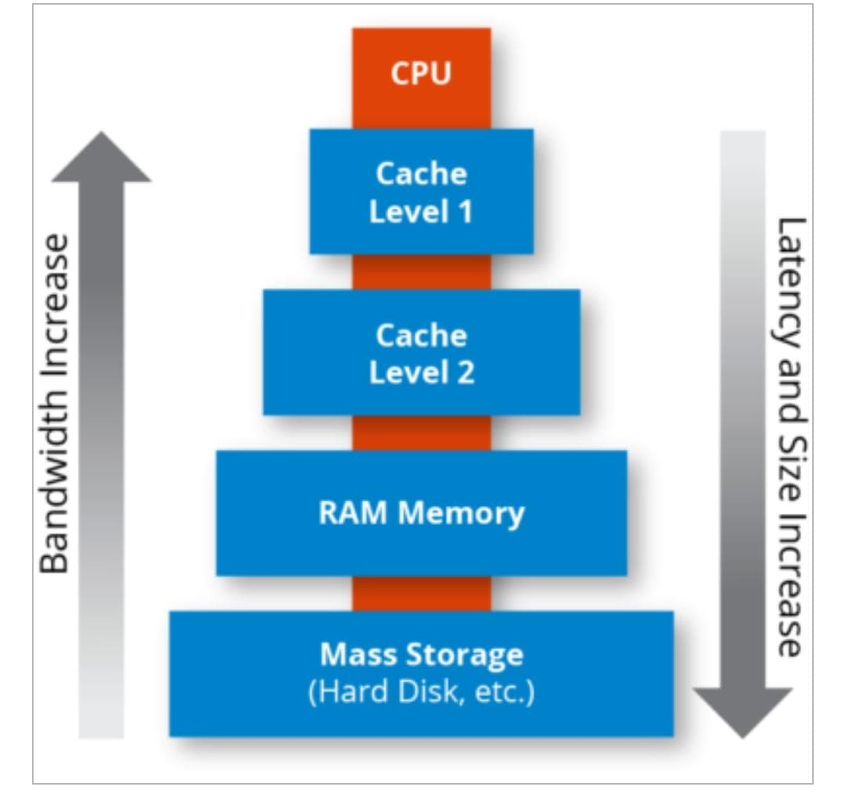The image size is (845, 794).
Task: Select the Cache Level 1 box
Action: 421,192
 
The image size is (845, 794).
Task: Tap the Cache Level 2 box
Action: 421,352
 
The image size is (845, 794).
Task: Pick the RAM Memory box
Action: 421,513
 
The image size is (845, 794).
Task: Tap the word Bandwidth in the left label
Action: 55,485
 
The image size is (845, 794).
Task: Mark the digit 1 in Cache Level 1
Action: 466,212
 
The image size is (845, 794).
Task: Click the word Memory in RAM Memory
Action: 461,513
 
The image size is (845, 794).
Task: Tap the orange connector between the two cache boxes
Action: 421,271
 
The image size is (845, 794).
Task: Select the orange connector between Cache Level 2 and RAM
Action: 421,433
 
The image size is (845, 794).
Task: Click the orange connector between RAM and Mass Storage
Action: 421,594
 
